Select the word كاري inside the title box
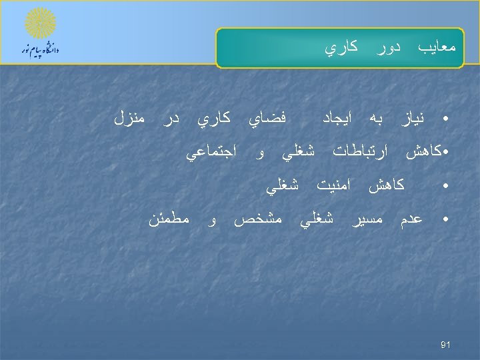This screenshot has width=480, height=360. coord(341,48)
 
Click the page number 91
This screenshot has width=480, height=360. coord(446,345)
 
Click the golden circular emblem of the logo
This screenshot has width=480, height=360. coord(40,25)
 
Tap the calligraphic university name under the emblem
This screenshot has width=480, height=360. coord(40,50)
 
